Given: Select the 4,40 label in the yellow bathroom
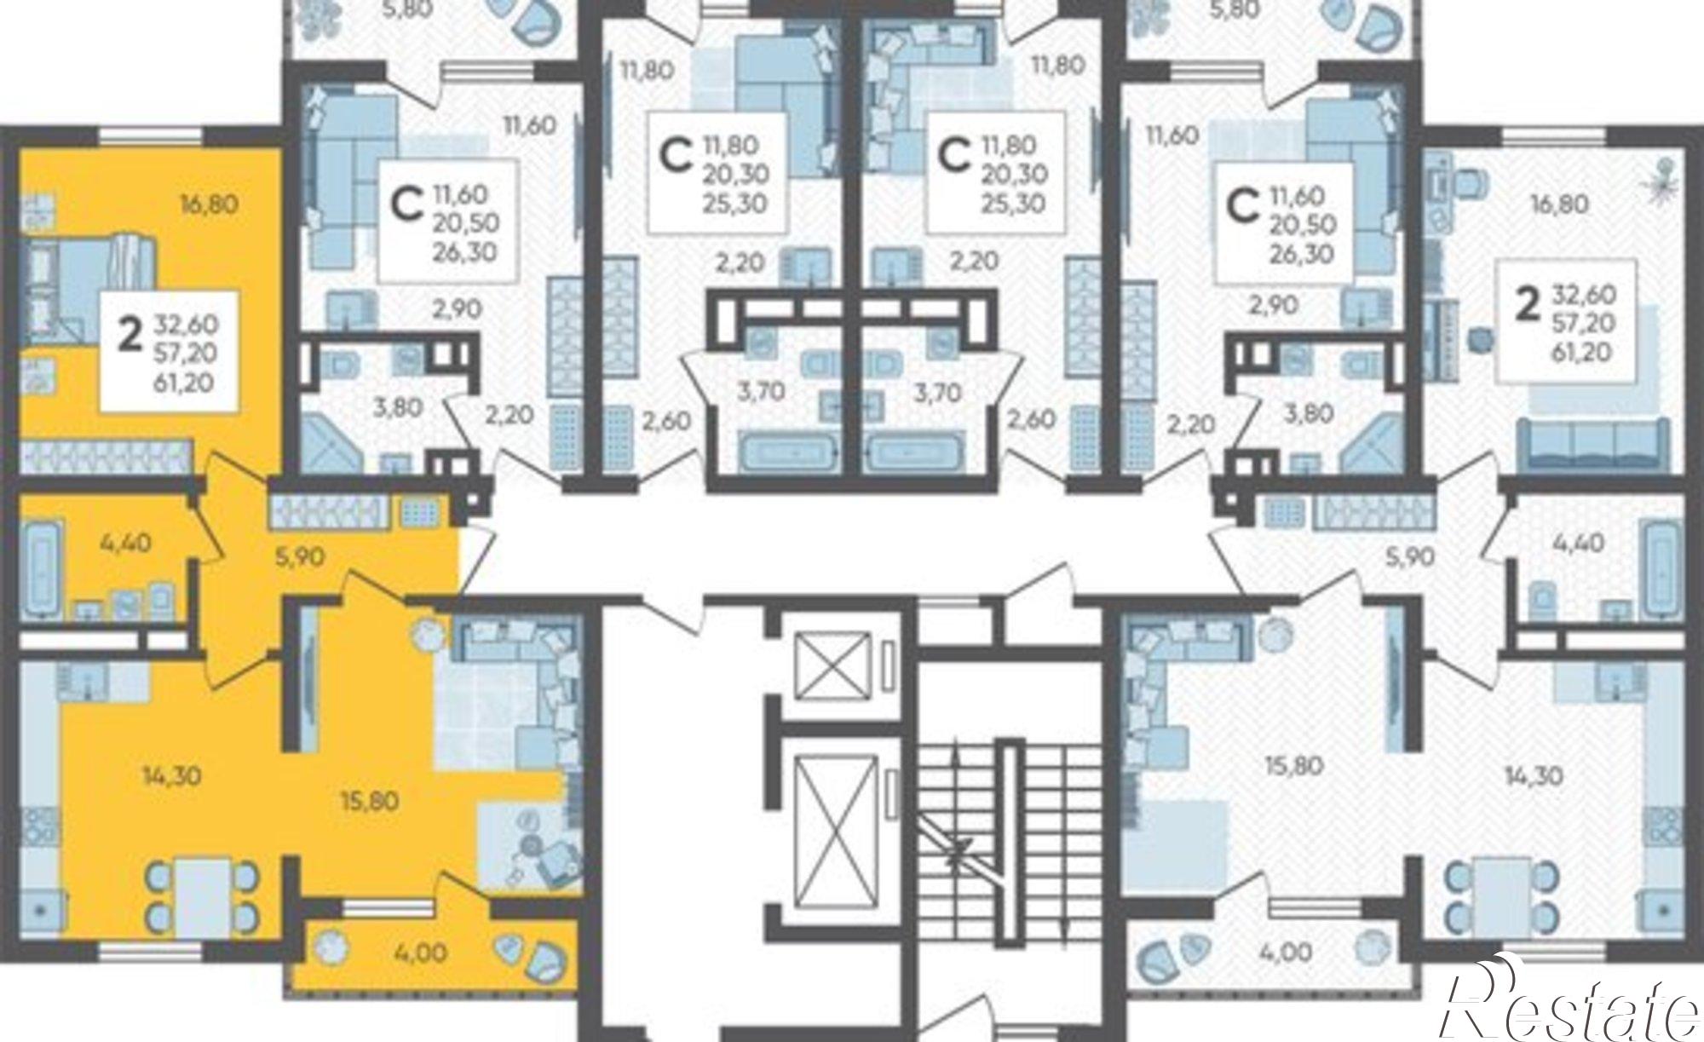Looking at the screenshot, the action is [x=101, y=541].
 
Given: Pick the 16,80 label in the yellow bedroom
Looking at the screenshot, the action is [x=208, y=204].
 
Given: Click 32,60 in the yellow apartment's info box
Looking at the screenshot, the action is [x=187, y=325].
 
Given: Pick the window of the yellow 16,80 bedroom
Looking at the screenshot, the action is [x=153, y=136].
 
